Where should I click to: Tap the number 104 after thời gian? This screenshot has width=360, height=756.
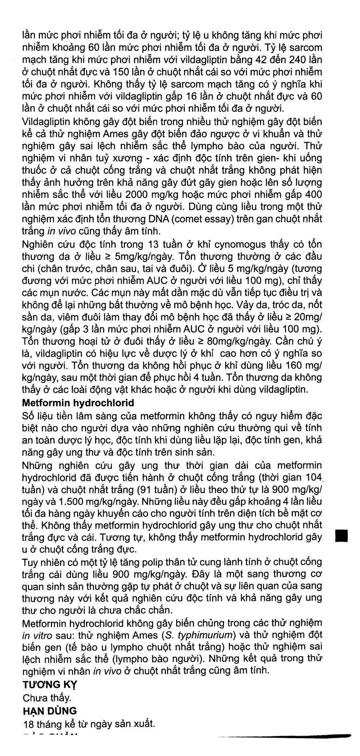click(312, 477)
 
